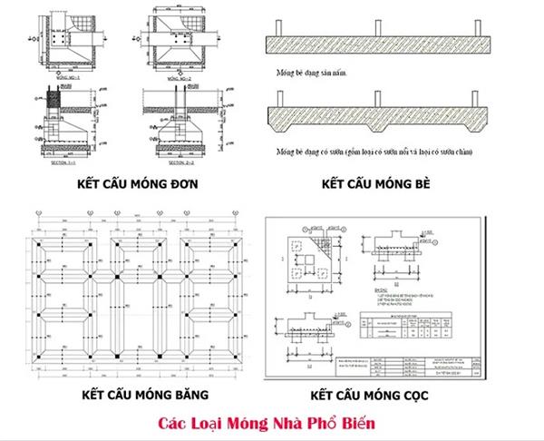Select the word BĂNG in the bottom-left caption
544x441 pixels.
pyautogui.click(x=190, y=395)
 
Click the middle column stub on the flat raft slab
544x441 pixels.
pyautogui.click(x=376, y=30)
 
